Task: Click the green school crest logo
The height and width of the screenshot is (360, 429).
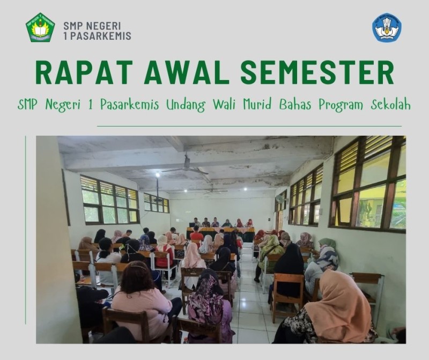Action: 40,27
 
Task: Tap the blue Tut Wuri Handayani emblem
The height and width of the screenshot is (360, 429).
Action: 387,28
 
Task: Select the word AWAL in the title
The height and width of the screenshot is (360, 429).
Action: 187,72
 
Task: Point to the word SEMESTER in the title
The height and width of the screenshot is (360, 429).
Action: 317,72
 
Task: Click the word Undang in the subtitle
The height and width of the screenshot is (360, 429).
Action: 186,105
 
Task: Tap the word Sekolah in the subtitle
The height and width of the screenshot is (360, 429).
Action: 391,105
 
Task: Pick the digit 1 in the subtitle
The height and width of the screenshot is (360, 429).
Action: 91,105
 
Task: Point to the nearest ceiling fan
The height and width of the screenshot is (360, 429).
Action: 186,166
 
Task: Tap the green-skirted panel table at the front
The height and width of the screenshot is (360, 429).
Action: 220,233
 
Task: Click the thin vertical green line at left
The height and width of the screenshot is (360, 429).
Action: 25,230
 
